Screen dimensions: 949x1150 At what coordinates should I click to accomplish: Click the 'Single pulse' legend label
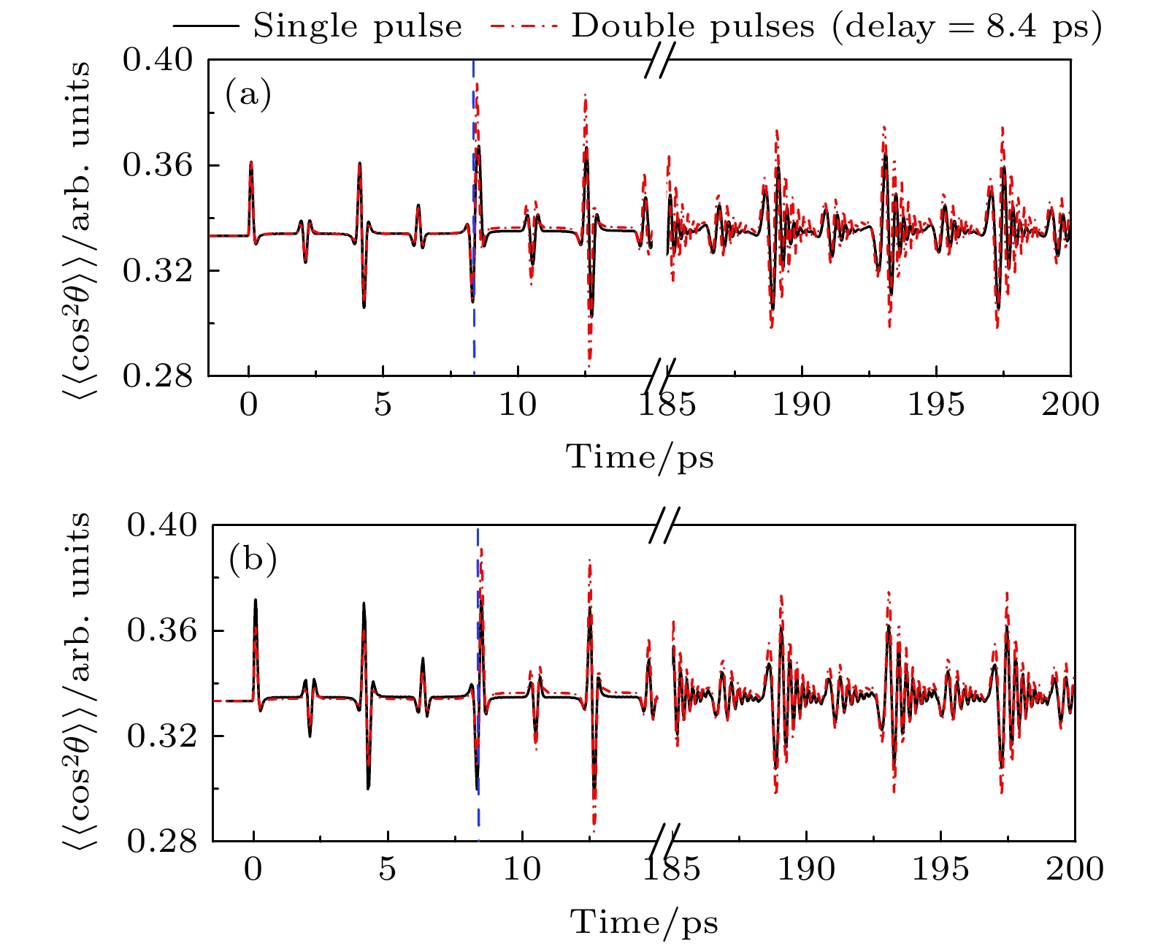point(357,27)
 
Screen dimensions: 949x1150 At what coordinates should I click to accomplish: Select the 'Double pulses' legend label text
point(692,27)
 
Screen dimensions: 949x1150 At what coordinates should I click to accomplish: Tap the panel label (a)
point(248,94)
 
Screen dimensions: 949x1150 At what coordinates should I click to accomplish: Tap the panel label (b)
point(253,560)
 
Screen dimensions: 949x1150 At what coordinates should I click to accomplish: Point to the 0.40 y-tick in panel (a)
point(158,60)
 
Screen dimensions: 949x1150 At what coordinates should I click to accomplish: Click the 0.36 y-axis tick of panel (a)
point(158,165)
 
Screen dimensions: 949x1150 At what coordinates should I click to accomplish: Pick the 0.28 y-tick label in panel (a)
point(158,376)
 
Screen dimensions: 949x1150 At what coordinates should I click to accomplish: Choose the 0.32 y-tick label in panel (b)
point(162,736)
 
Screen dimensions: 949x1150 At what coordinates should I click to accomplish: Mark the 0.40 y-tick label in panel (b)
point(162,525)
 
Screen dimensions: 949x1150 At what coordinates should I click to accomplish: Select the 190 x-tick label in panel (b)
point(806,869)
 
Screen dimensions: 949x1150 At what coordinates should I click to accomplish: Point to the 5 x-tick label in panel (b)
point(388,869)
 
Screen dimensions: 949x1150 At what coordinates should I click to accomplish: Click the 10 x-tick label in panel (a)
point(518,404)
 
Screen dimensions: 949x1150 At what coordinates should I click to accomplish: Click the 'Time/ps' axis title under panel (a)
point(640,458)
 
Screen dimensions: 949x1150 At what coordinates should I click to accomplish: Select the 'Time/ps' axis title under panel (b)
point(644,923)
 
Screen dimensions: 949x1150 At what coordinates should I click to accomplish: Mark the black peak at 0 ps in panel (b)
point(256,601)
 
